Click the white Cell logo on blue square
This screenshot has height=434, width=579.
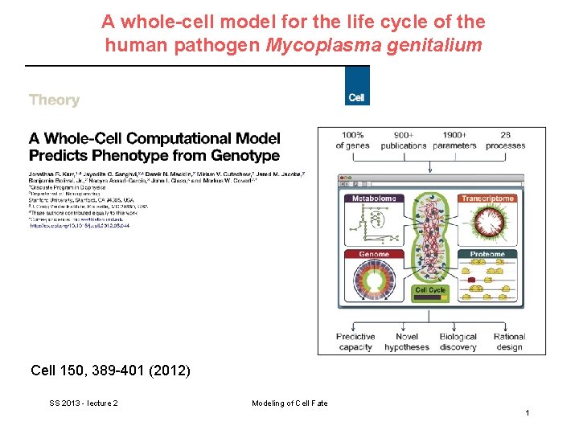coord(356,97)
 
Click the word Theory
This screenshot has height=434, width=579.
coord(54,100)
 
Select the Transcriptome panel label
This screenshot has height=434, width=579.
coord(487,199)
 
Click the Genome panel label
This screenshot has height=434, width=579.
coord(374,255)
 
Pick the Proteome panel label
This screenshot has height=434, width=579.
coord(487,255)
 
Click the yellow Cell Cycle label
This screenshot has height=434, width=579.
coord(430,290)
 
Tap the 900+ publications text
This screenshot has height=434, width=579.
coord(404,140)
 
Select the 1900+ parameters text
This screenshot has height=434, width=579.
coord(454,140)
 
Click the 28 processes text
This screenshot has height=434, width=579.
coord(505,140)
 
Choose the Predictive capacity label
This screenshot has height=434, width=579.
coord(355,342)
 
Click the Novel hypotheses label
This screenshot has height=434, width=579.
coord(406,342)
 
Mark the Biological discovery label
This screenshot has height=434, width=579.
coord(458,342)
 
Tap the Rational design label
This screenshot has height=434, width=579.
coord(509,342)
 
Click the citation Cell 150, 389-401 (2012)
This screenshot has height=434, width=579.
coord(110,371)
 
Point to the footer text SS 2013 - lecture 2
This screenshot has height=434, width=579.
coord(84,403)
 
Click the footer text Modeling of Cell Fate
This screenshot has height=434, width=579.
coord(289,403)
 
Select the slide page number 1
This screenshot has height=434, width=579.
coord(527,412)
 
